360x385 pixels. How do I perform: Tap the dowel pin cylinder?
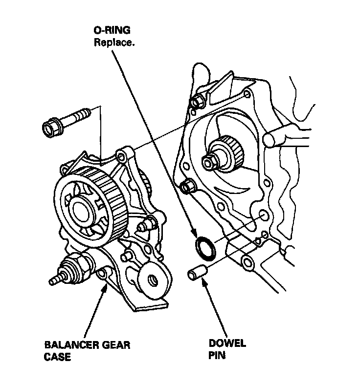(198, 273)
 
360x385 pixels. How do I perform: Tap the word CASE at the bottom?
(57, 357)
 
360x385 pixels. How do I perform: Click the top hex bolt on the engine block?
(198, 101)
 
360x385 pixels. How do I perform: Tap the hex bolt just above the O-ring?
(186, 187)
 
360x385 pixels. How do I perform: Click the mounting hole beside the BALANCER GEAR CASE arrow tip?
(103, 274)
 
